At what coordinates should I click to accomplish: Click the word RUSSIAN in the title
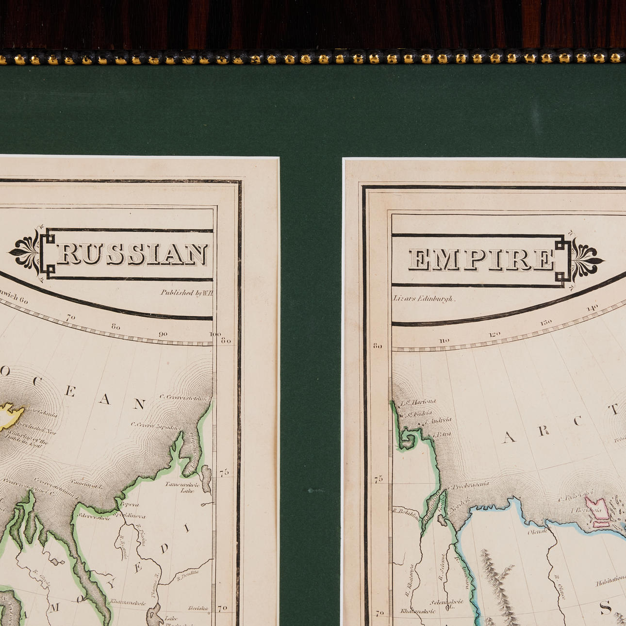132,254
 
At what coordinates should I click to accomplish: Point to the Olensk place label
538,531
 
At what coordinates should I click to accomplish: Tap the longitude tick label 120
494,334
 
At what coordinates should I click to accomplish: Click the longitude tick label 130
546,322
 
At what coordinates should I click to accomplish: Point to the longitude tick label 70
71,317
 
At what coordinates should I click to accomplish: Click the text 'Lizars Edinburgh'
424,298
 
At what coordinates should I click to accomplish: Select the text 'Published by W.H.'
187,293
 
